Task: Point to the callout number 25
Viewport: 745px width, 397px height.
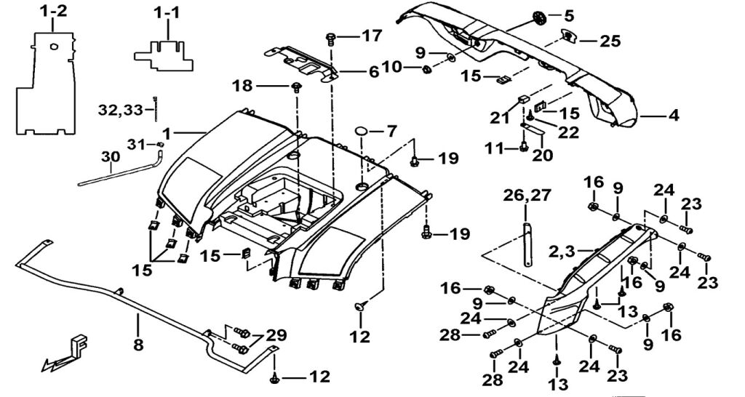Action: pyautogui.click(x=610, y=41)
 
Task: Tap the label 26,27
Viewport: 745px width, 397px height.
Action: pyautogui.click(x=527, y=194)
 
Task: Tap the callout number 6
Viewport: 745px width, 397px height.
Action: pyautogui.click(x=372, y=72)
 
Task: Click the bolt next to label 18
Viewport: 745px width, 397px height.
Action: pyautogui.click(x=297, y=88)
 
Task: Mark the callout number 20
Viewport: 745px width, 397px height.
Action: pyautogui.click(x=543, y=155)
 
